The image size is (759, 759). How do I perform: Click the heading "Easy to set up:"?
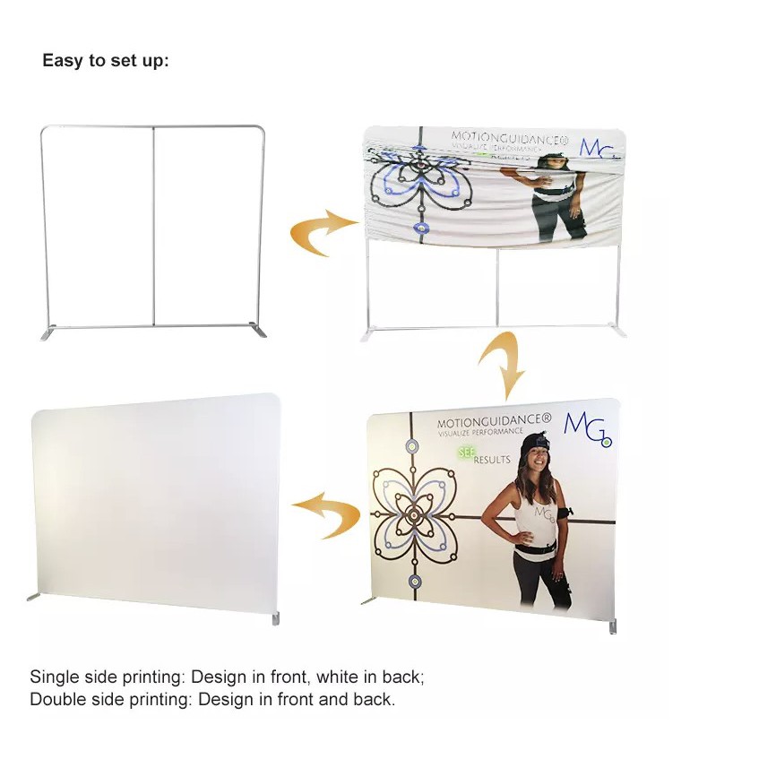click(105, 61)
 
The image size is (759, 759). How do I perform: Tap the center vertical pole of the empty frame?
click(153, 224)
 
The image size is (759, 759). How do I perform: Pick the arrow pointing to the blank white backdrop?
click(325, 516)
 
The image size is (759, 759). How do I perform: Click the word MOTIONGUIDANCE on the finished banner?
click(494, 421)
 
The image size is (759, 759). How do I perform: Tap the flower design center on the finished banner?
click(415, 515)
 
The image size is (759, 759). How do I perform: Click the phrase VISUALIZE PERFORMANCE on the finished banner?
click(480, 432)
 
